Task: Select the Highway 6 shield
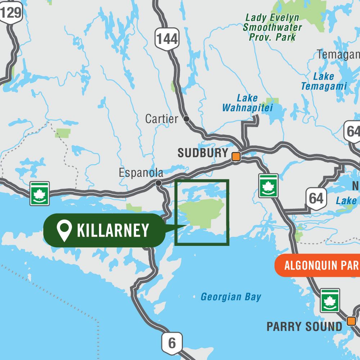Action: (172, 343)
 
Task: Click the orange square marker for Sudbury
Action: (236, 157)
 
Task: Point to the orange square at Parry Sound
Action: (351, 321)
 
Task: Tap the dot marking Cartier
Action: (186, 118)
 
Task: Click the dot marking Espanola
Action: (158, 183)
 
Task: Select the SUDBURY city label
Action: (203, 153)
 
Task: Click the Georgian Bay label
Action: (231, 297)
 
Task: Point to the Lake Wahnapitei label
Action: (247, 103)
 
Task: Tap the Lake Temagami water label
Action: (324, 81)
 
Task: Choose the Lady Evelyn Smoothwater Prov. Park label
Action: (272, 27)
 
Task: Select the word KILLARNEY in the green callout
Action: (113, 230)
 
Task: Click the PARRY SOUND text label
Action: (304, 327)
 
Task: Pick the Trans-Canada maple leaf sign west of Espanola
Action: (39, 194)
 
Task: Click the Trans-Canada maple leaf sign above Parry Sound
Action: (330, 300)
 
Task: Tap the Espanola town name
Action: (141, 173)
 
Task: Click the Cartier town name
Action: (161, 119)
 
